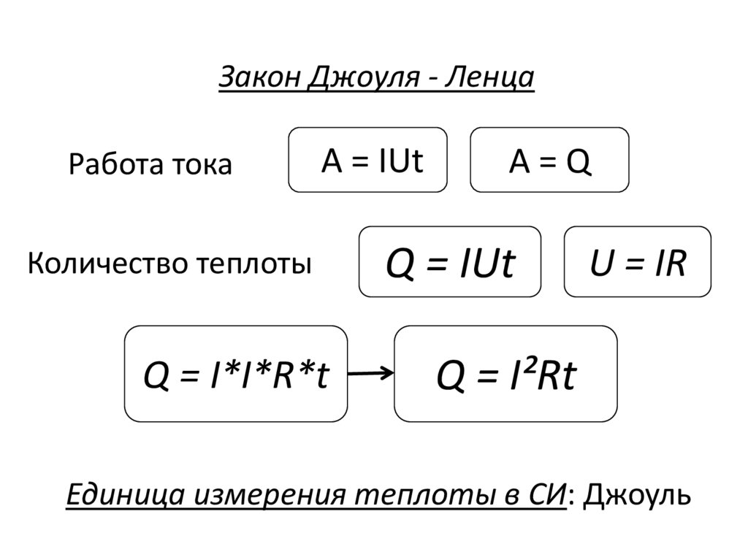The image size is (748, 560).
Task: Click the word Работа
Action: click(109, 164)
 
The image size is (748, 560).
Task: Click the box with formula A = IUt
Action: click(368, 160)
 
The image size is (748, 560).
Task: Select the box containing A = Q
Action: click(549, 160)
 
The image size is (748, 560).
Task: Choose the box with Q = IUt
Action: click(449, 261)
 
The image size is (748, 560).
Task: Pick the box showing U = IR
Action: click(637, 261)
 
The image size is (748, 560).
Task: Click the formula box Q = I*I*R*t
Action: click(235, 374)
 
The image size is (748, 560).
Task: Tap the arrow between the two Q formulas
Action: click(370, 375)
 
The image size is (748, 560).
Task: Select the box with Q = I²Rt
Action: click(505, 374)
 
